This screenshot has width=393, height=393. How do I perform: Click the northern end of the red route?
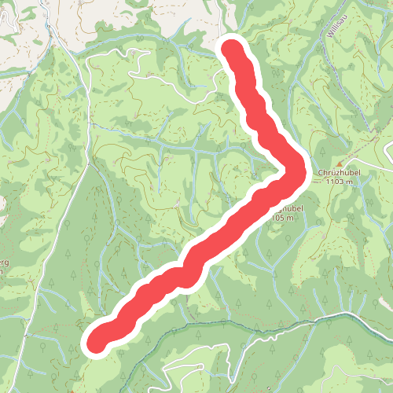tap(233, 49)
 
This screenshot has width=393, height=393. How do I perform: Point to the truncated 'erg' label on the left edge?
tap(3, 260)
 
